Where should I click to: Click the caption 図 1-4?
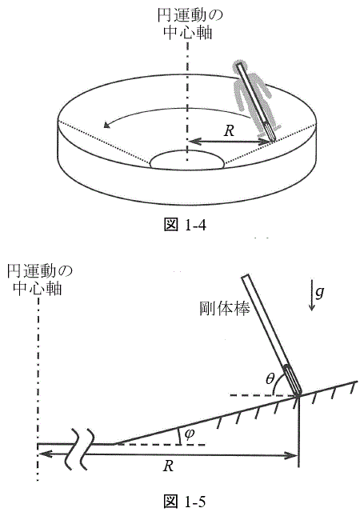pyautogui.click(x=185, y=225)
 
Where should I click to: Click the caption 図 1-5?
pyautogui.click(x=185, y=501)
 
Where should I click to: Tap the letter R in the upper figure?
pyautogui.click(x=229, y=131)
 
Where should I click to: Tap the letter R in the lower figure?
pyautogui.click(x=168, y=466)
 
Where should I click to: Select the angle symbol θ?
pyautogui.click(x=270, y=378)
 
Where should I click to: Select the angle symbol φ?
pyautogui.click(x=189, y=434)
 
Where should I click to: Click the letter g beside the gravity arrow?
pyautogui.click(x=319, y=293)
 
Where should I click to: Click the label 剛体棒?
pyautogui.click(x=225, y=308)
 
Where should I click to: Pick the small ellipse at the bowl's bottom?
pyautogui.click(x=188, y=161)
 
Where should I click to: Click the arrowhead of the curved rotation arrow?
pyautogui.click(x=106, y=125)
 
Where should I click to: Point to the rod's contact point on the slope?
pyautogui.click(x=298, y=395)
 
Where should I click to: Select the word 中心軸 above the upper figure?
pyautogui.click(x=188, y=33)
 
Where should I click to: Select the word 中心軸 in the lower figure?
pyautogui.click(x=37, y=288)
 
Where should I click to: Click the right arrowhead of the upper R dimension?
pyautogui.click(x=267, y=142)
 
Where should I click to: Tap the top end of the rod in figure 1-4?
pyautogui.click(x=239, y=65)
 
